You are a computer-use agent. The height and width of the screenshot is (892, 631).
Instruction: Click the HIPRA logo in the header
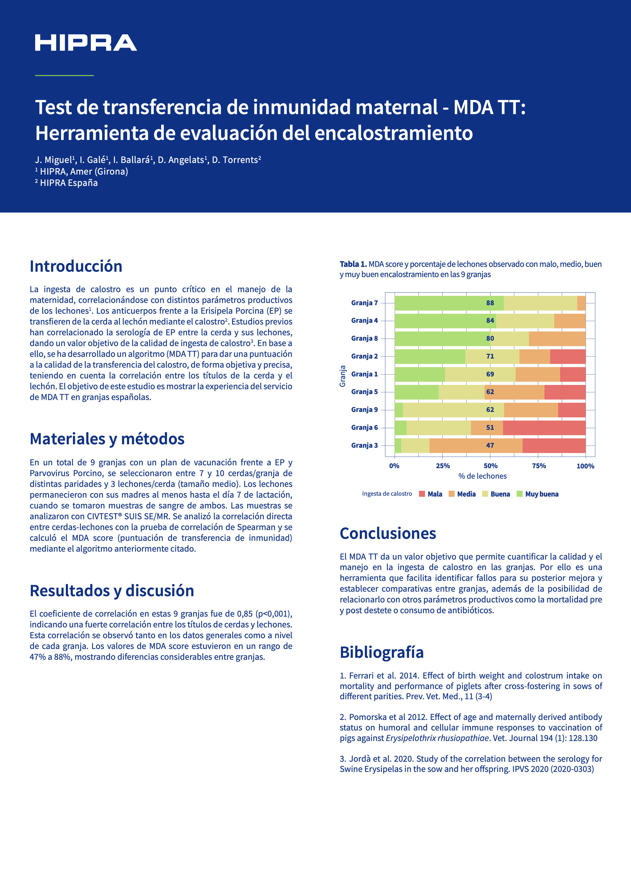click(86, 43)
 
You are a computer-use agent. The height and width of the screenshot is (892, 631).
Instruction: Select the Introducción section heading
click(76, 266)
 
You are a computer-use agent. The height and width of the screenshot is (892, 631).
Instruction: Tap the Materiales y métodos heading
click(107, 439)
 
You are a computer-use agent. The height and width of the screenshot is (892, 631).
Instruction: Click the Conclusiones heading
click(388, 533)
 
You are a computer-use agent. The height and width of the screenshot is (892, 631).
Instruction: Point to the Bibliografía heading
click(382, 652)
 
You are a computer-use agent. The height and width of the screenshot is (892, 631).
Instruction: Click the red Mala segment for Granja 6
click(544, 428)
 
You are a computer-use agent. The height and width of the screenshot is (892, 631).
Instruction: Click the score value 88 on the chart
click(490, 303)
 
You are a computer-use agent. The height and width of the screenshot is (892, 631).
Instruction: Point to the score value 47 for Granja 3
click(490, 445)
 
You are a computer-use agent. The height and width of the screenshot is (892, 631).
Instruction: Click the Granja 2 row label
click(364, 356)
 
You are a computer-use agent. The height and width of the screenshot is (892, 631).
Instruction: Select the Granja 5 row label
click(364, 392)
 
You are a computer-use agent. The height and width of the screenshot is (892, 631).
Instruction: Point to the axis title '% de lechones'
click(482, 476)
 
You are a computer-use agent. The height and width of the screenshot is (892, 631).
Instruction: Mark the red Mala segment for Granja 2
click(568, 356)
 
